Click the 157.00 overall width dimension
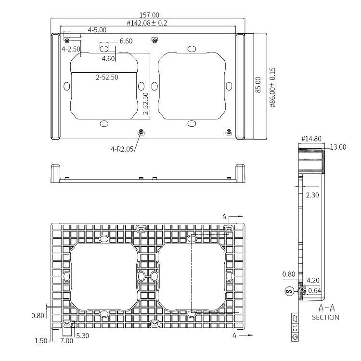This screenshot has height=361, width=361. pos(149,15)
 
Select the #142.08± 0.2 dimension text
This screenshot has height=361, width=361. pos(147,23)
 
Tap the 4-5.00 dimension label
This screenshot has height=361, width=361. pos(97,30)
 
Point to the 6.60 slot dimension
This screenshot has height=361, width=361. pos(126,41)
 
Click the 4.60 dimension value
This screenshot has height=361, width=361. pos(108,58)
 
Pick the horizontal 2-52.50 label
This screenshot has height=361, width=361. pos(107,77)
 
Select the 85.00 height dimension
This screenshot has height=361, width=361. pos(258,85)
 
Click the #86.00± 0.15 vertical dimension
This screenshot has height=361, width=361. pos(272,88)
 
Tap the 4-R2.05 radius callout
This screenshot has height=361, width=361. pos(122,149)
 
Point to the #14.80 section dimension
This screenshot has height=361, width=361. pos(311,139)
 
